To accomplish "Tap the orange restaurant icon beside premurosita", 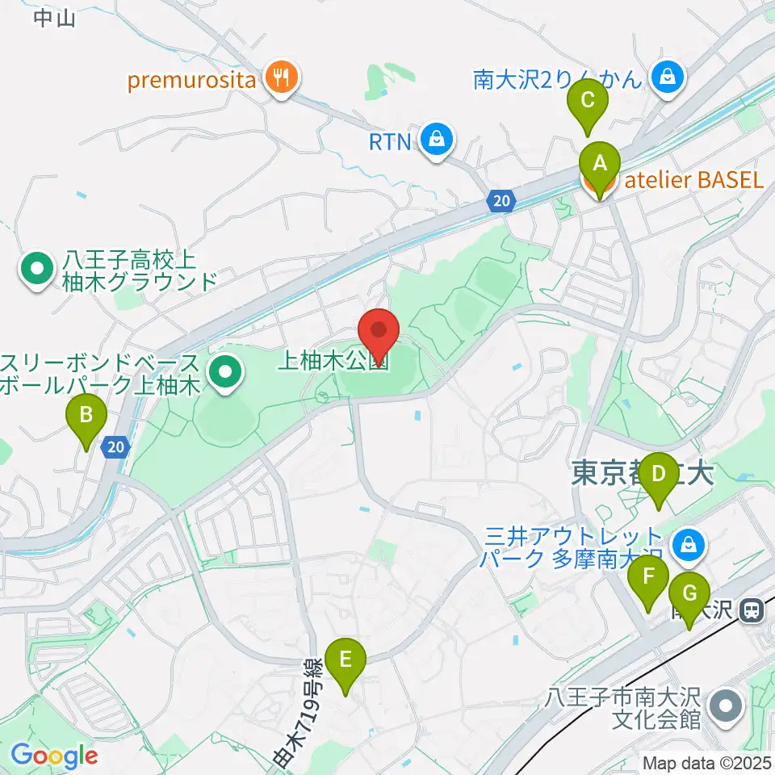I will pyautogui.click(x=281, y=78).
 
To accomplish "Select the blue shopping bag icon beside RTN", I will pyautogui.click(x=437, y=141).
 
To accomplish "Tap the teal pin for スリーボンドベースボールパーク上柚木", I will pyautogui.click(x=224, y=373).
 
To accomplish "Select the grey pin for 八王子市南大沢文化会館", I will pyautogui.click(x=726, y=706).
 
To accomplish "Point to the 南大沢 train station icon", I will pyautogui.click(x=752, y=610).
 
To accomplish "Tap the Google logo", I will pyautogui.click(x=55, y=756).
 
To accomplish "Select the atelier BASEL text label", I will pyautogui.click(x=693, y=180).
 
